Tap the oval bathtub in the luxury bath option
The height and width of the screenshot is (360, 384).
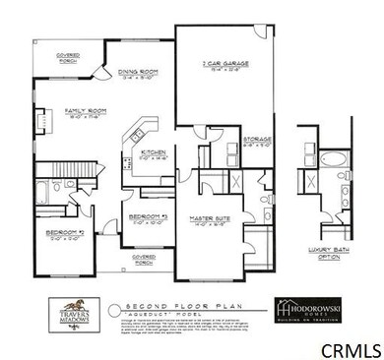(x=328, y=157)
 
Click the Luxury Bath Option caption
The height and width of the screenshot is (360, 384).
(x=330, y=260)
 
